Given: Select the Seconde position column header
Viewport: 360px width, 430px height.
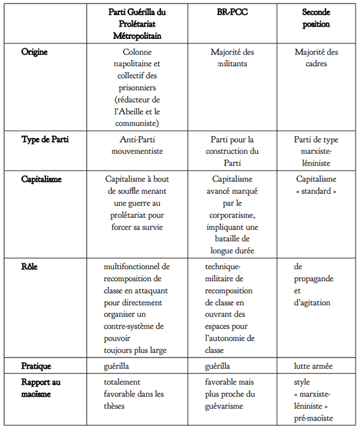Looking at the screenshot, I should pos(316,19).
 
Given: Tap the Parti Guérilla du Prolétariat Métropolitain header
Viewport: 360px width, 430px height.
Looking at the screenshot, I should pos(137,24).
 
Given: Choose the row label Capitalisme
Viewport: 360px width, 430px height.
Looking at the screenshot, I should pos(42,179).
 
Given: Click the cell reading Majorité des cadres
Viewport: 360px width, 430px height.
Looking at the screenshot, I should pos(316,58).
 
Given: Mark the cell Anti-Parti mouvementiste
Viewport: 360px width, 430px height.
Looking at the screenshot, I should pos(137,145).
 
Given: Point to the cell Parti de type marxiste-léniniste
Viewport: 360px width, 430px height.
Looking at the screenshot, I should pos(316,150).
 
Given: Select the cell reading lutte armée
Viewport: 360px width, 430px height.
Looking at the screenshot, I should pos(312,366).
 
